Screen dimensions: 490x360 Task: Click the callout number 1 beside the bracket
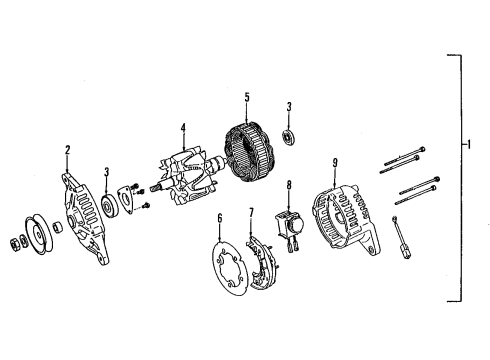469,145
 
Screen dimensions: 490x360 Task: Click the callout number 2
68,150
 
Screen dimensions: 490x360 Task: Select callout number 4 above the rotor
183,129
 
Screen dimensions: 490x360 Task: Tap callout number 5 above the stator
247,98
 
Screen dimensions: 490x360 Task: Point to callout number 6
220,218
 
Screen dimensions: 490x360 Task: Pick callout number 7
251,213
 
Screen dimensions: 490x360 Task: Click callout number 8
289,185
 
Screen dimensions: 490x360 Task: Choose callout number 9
335,163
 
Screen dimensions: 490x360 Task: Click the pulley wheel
37,234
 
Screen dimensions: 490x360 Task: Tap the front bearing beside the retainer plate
109,207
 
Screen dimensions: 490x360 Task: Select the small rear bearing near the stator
288,138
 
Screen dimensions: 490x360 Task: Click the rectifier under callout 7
262,263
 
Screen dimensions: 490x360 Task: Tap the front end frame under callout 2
85,218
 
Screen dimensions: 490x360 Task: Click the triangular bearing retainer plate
126,200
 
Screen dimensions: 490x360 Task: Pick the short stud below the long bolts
401,237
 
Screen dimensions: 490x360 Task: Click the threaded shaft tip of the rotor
155,188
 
